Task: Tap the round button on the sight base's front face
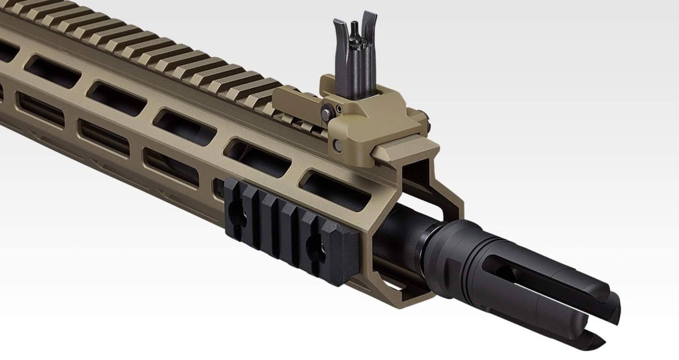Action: tap(338, 146)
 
